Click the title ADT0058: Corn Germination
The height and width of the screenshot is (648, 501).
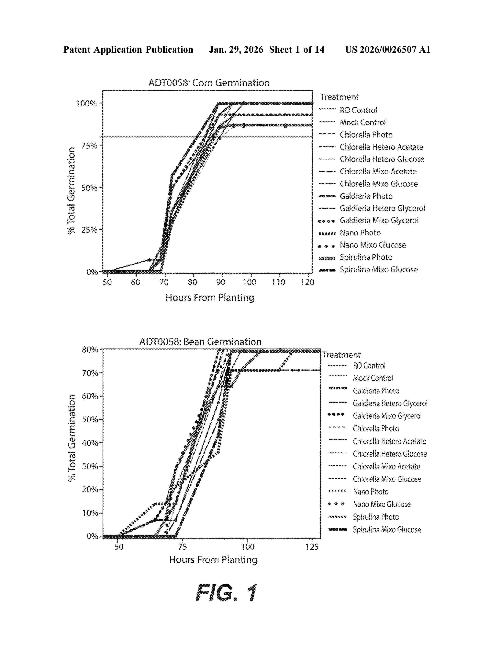[x=209, y=83]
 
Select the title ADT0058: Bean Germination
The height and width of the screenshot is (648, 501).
[x=200, y=342]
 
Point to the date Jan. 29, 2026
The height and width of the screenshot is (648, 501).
[x=236, y=49]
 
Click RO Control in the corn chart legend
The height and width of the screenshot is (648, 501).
[x=359, y=110]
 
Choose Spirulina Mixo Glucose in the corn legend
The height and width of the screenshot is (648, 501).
[x=379, y=269]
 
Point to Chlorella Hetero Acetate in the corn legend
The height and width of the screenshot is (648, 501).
[x=381, y=147]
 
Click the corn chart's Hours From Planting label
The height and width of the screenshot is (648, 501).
[x=210, y=298]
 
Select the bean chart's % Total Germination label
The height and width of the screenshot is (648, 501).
[x=72, y=438]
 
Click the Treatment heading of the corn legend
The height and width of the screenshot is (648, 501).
[x=340, y=97]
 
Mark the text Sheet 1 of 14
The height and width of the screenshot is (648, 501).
[x=297, y=49]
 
